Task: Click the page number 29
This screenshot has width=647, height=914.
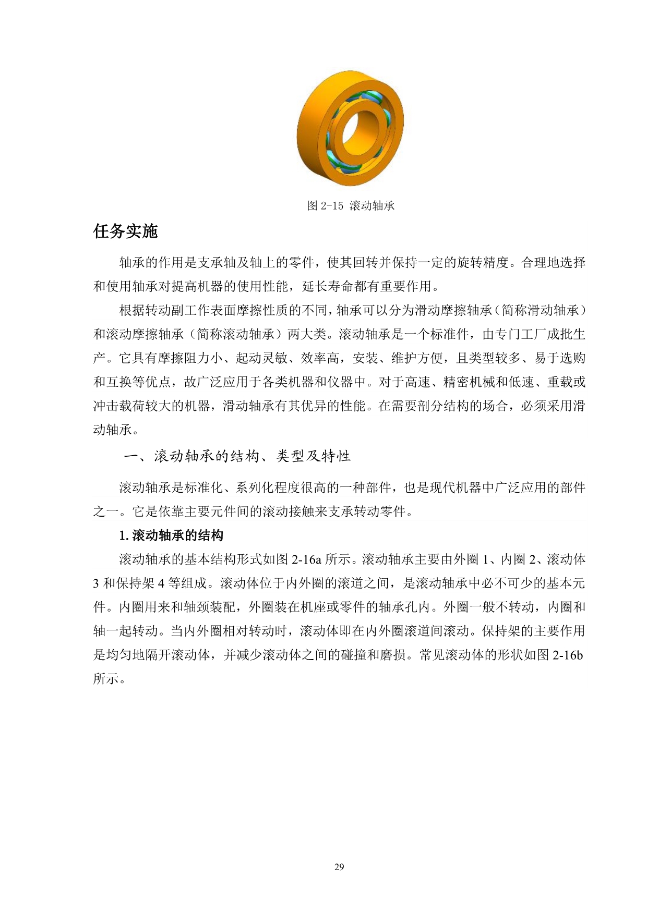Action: tap(339, 867)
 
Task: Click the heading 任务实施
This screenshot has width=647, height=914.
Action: tap(125, 231)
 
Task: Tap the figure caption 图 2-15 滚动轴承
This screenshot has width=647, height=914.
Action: tap(350, 205)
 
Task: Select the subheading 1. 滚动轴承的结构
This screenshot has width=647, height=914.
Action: tap(171, 535)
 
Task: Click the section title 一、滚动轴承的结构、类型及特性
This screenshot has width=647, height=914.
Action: tap(237, 456)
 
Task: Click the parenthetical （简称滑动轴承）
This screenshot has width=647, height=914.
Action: tap(540, 311)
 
